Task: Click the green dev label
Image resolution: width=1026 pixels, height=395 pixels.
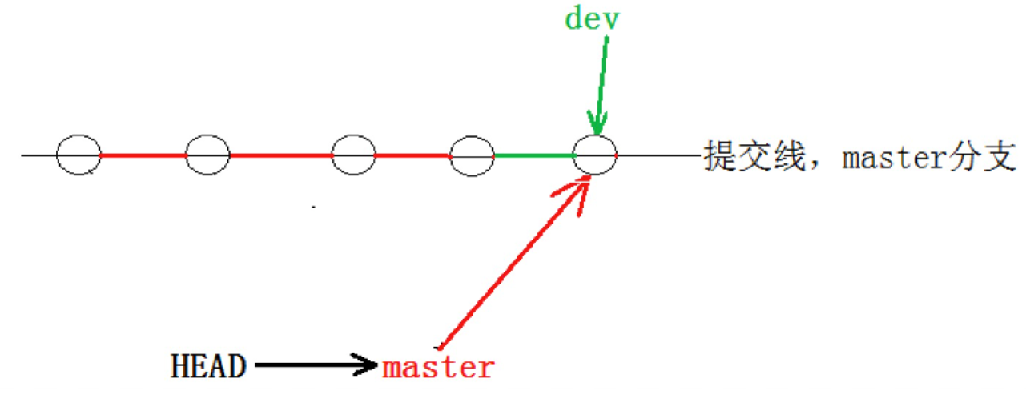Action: coord(592,18)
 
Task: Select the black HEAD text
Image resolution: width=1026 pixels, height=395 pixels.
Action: coord(207,367)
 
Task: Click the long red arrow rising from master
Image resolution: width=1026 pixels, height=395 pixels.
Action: coord(513,264)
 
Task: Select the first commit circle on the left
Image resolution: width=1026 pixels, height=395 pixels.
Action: coord(78,155)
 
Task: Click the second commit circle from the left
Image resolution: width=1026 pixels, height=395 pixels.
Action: coord(208,155)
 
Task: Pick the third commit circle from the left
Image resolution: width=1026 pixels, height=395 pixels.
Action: coord(353,155)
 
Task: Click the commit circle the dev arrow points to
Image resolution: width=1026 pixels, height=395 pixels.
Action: coord(595,155)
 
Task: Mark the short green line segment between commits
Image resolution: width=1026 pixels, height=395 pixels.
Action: coord(533,155)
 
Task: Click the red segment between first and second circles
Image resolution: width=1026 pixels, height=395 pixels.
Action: coord(143,155)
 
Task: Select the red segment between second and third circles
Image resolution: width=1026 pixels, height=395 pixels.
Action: coord(280,155)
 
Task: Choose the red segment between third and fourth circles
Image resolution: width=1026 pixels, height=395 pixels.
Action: coord(412,155)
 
